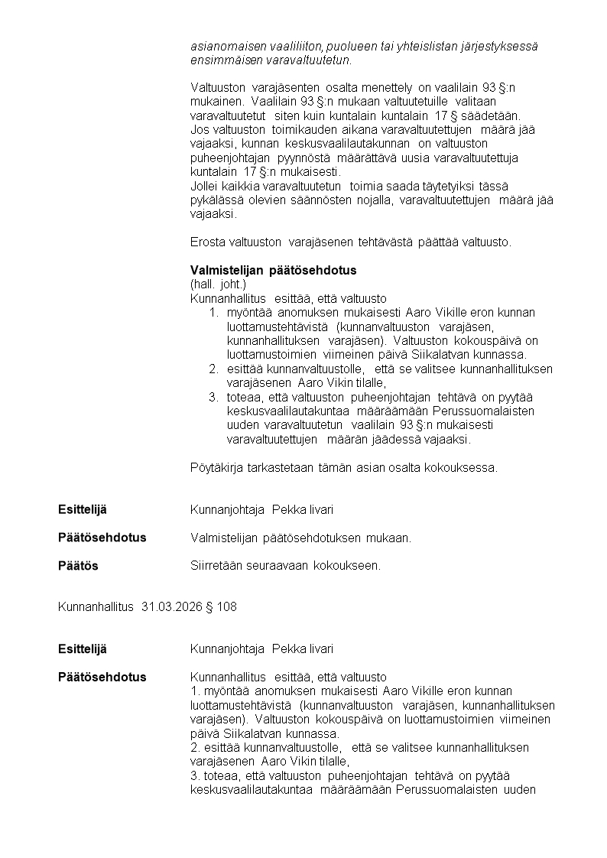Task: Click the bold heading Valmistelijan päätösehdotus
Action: tap(273, 271)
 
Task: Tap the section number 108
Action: tap(227, 607)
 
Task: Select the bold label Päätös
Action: tap(78, 566)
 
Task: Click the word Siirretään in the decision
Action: tap(216, 566)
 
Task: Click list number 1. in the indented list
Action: tap(213, 313)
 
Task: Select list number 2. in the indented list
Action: tap(213, 369)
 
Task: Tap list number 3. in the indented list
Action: tap(213, 398)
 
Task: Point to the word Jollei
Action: tap(204, 186)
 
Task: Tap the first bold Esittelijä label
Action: tap(83, 509)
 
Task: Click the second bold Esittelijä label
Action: tap(83, 649)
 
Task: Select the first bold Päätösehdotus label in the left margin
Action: tap(102, 538)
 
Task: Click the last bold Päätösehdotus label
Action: tap(102, 678)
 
